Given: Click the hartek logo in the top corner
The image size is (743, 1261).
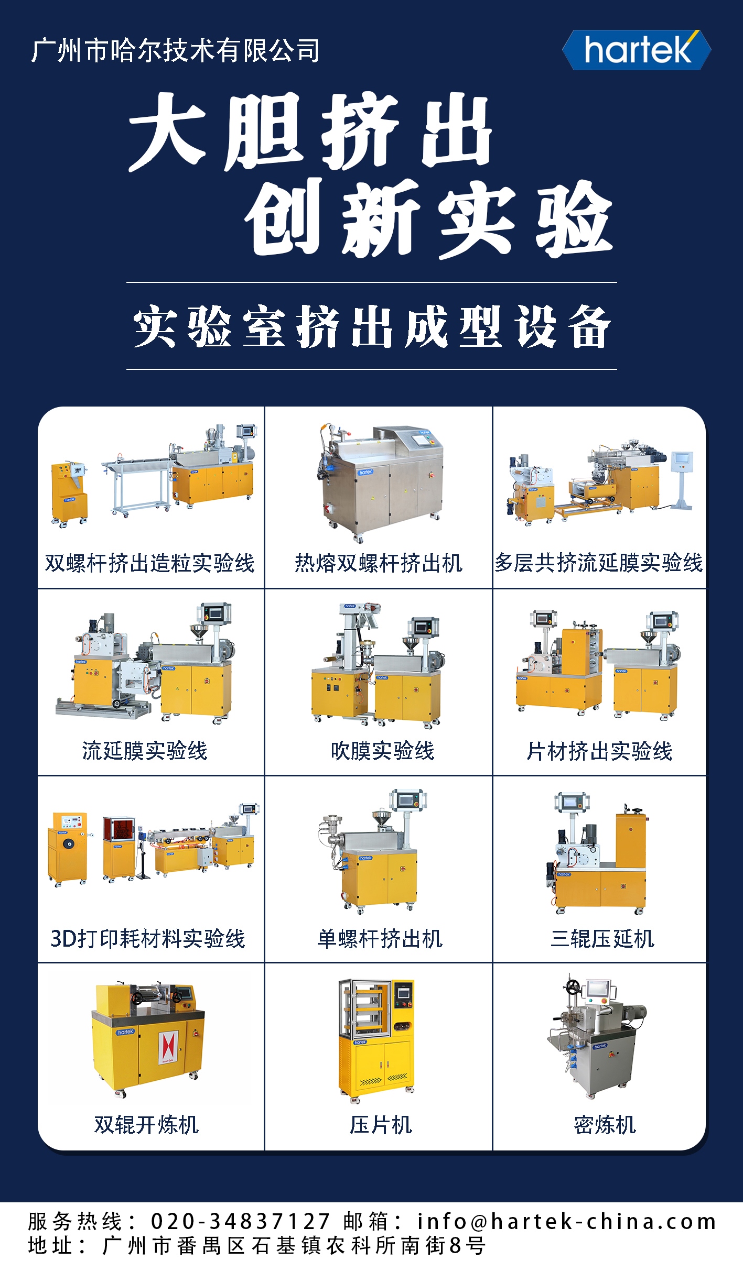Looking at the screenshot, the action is point(637,50).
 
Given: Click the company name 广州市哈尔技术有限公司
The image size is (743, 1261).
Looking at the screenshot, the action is point(175,51).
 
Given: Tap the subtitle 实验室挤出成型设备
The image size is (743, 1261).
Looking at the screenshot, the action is point(372,326).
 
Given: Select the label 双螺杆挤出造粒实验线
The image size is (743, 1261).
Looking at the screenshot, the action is point(150,563).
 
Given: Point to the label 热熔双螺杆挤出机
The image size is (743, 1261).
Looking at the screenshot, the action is point(379,563).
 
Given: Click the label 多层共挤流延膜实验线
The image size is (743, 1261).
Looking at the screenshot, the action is point(599,563).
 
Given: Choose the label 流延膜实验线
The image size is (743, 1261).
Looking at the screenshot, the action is point(145,751).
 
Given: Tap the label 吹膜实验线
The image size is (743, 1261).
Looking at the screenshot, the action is point(382,751).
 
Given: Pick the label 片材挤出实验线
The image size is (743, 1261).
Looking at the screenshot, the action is point(599,751).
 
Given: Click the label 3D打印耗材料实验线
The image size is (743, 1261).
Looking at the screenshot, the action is point(148,939).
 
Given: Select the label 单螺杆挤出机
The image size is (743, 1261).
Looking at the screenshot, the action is point(380,939).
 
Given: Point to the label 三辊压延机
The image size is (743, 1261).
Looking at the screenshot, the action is point(602,939).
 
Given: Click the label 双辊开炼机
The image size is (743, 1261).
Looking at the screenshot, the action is point(147,1125).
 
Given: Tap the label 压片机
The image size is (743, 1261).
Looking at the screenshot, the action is point(381,1125).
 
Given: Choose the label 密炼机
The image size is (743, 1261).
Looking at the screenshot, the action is point(605,1125).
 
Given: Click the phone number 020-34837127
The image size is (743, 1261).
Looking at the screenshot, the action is point(241,1221).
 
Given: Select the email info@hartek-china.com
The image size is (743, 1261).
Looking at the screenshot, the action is point(567,1221).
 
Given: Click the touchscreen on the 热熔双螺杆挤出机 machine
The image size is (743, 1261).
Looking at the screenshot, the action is point(421,439).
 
